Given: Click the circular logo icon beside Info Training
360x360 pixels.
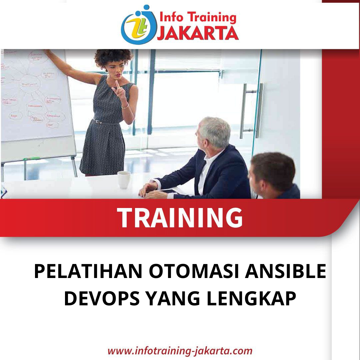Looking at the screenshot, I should (x=138, y=25).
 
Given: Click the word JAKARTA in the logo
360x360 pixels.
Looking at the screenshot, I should (x=198, y=33).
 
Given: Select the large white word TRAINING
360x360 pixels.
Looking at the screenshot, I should (x=180, y=218).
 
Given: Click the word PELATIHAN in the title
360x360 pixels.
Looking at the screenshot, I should (x=88, y=272).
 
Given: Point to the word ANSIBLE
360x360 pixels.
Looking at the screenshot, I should (x=285, y=272).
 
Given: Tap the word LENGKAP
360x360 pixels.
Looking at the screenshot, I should (x=251, y=299).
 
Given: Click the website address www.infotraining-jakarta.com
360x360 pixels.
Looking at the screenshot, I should (x=180, y=350).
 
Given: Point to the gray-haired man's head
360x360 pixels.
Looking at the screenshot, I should (x=214, y=132).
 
